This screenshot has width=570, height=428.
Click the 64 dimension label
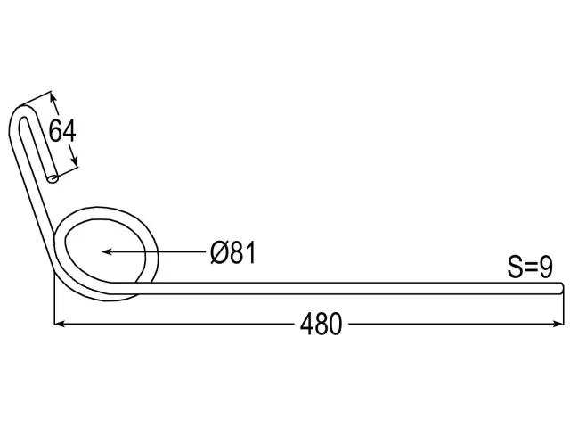click(62, 131)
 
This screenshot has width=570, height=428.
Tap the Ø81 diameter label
click(233, 251)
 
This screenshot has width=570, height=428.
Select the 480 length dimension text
click(321, 324)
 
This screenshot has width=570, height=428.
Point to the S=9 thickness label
click(530, 267)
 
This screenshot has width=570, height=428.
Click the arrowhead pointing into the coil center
click(107, 251)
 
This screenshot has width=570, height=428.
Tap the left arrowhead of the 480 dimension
click(60, 324)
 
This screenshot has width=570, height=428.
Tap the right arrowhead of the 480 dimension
click(558, 324)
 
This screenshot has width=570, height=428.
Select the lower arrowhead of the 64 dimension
click(75, 159)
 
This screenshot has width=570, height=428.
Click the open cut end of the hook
click(53, 178)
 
